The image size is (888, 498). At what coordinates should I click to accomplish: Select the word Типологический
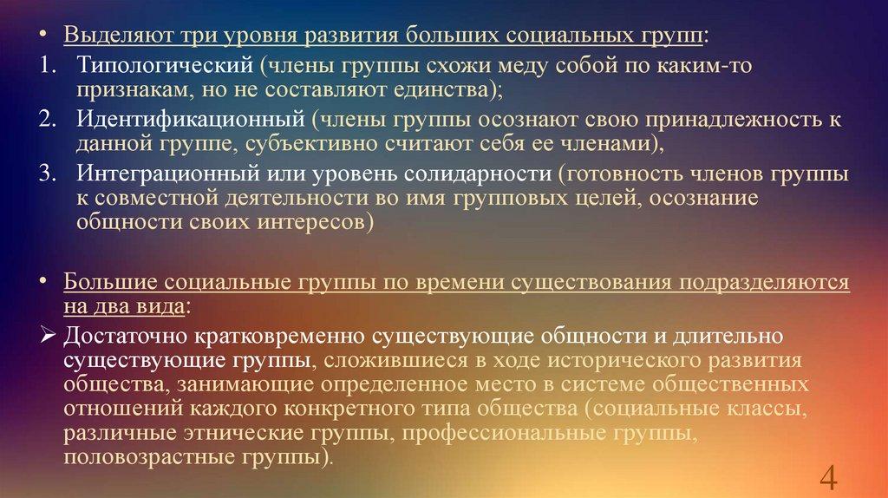tap(165, 66)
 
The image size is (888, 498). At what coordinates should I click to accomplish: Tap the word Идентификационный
tap(191, 120)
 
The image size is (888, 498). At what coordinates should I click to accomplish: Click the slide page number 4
tap(828, 477)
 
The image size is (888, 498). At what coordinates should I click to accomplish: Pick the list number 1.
tap(48, 65)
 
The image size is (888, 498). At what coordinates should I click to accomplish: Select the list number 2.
tap(48, 119)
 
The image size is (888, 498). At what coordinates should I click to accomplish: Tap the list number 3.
tap(48, 173)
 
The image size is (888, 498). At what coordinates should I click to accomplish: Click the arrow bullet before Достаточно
tap(48, 337)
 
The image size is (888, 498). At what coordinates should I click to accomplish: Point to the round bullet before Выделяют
tap(43, 35)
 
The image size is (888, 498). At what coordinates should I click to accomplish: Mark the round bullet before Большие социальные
tap(43, 282)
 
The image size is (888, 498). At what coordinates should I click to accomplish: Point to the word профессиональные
tap(504, 434)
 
